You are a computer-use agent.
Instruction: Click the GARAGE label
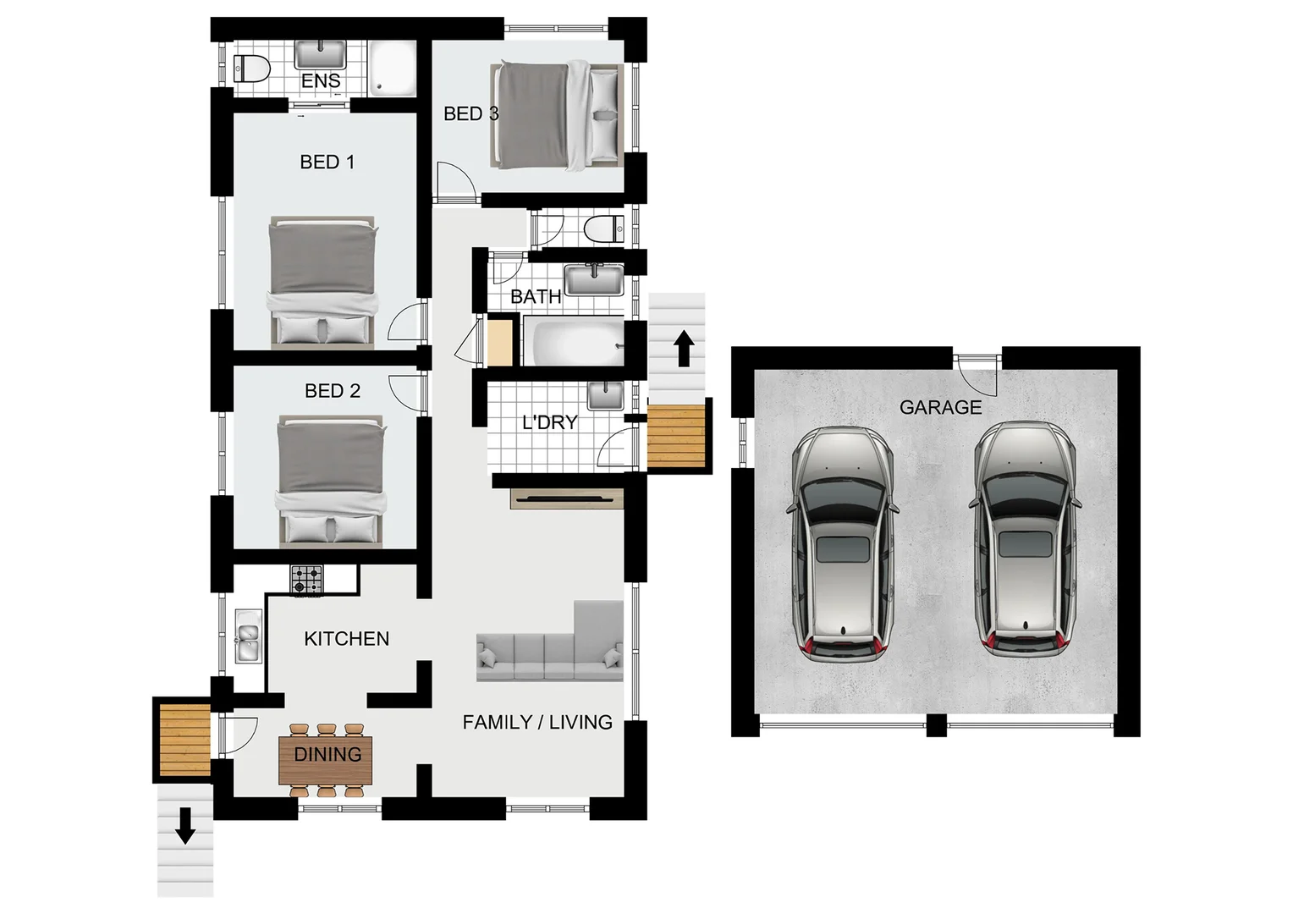click(940, 407)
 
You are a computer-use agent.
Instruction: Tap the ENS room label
click(321, 80)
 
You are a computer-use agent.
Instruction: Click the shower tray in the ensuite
click(391, 67)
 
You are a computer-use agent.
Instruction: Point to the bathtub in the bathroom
click(572, 341)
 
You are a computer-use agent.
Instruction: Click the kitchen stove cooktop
click(307, 580)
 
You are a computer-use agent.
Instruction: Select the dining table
click(327, 754)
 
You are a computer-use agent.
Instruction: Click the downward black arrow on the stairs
click(184, 827)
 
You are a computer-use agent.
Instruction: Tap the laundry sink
click(604, 394)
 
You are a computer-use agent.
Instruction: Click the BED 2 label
click(333, 391)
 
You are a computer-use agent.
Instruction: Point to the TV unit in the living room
click(567, 498)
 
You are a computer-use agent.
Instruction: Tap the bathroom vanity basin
click(594, 278)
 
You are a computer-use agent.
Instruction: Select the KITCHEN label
click(346, 639)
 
